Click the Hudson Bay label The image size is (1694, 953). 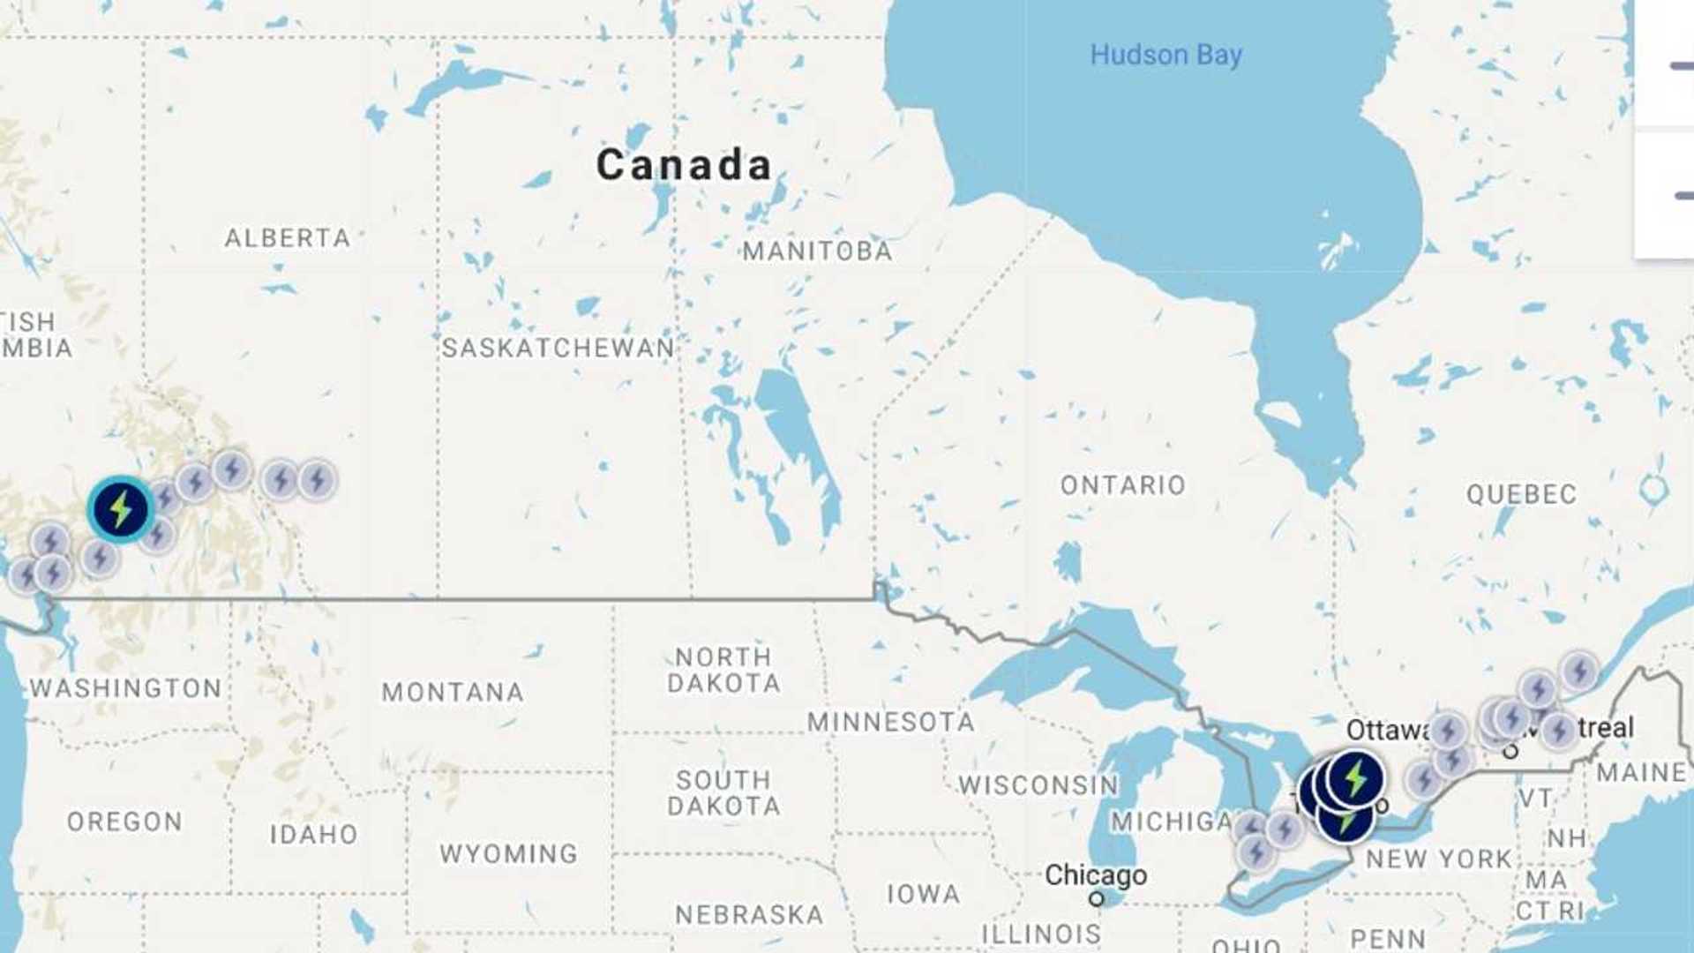pos(1166,55)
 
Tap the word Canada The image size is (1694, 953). pos(684,165)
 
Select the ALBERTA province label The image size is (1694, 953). pos(287,237)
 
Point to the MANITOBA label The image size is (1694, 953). pos(817,251)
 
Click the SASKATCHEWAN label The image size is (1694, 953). pos(558,348)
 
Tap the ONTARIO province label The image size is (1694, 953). pos(1122,485)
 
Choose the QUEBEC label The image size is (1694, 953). pos(1521,494)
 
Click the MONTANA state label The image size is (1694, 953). pos(453,692)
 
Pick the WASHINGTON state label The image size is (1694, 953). pos(125,688)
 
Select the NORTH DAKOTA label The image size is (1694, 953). pos(723,670)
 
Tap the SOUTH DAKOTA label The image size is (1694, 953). pos(723,792)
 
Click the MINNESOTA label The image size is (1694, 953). pos(891,722)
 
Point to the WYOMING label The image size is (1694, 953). pos(508,853)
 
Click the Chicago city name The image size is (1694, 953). pos(1096,874)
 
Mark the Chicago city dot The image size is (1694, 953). pos(1096,898)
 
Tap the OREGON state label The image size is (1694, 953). pos(124,822)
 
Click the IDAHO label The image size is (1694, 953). pos(313,834)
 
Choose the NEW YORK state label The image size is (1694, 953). pos(1438,859)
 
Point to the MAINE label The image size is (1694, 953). pos(1641,773)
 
